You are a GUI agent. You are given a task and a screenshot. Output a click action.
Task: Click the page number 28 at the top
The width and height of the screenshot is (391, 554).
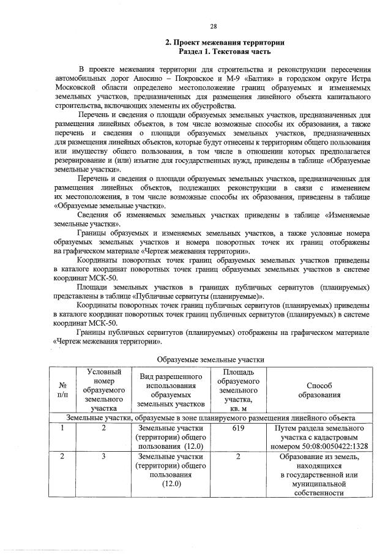point(214,26)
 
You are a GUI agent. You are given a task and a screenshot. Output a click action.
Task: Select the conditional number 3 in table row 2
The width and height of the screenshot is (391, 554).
point(104,457)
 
